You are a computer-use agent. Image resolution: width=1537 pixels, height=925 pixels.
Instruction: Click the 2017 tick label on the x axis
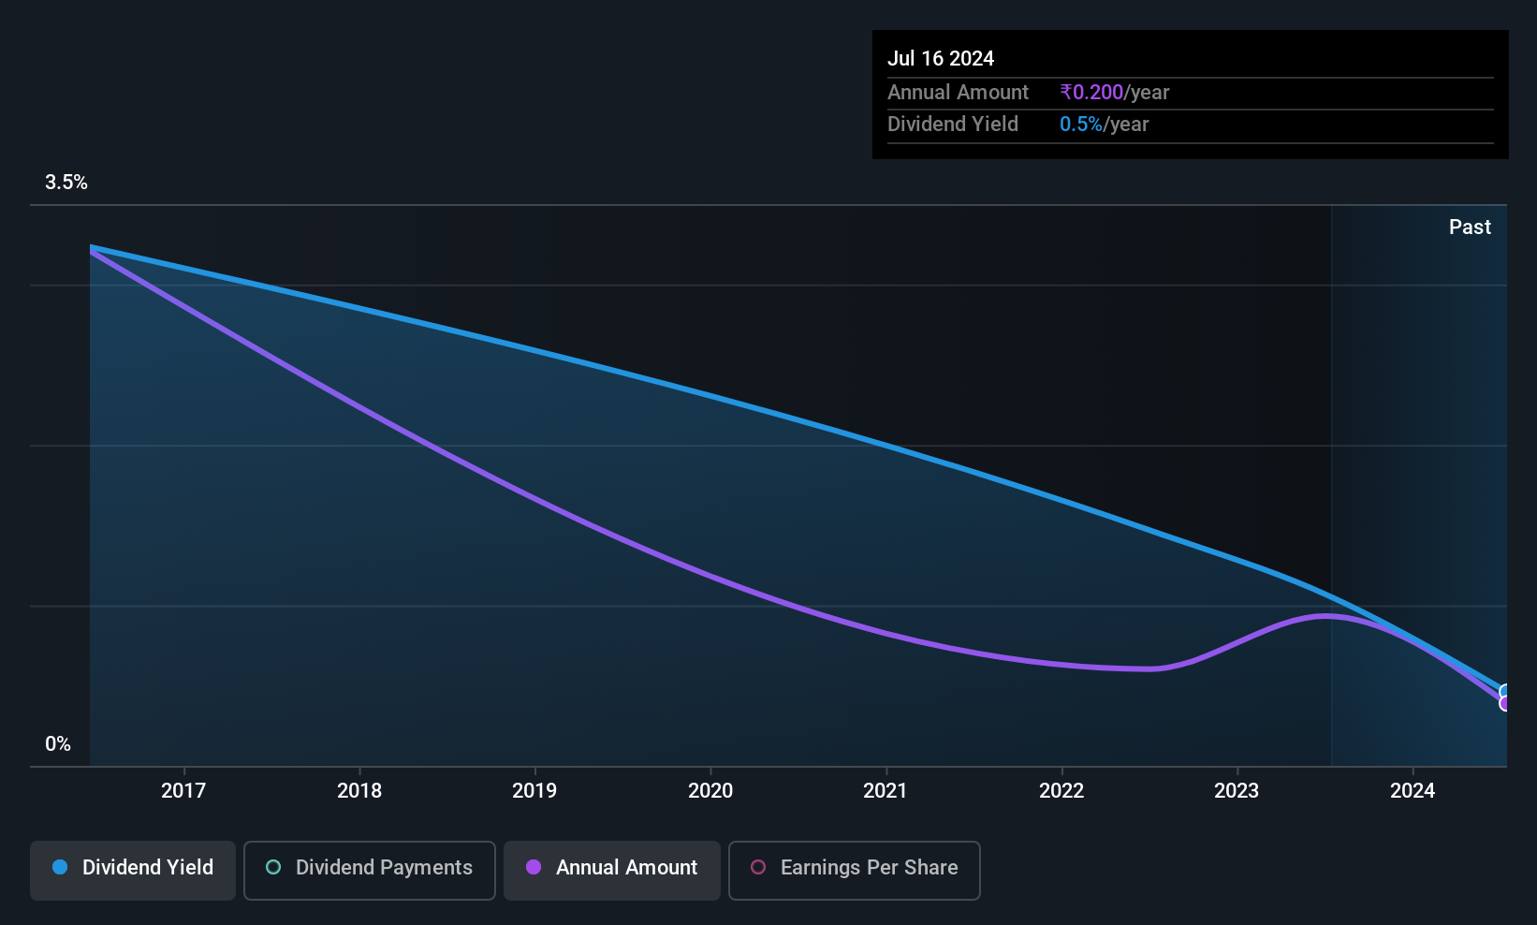(x=183, y=790)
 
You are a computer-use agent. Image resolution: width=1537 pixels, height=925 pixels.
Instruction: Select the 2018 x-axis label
(x=359, y=790)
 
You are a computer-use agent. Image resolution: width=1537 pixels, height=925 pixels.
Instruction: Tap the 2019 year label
(x=534, y=790)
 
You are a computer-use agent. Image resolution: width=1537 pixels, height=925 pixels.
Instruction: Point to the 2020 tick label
(x=710, y=790)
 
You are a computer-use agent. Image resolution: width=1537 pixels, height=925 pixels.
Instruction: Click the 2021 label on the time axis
(x=886, y=790)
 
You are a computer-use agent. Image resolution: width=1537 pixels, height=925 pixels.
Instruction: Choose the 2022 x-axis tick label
(x=1061, y=790)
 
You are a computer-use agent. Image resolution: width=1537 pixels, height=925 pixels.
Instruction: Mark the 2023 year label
(x=1237, y=790)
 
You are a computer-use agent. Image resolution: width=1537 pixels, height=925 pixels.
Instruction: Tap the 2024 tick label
(x=1413, y=790)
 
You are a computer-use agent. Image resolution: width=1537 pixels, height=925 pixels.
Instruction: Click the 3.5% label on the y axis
(x=66, y=183)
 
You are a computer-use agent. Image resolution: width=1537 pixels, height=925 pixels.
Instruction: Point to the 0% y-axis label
(x=58, y=744)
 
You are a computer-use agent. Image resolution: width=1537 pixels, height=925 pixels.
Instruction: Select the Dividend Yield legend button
(x=132, y=870)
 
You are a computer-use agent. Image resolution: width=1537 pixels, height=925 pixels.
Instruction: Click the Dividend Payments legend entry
(x=369, y=870)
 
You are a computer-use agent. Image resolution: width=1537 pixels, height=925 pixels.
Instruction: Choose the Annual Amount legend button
(x=612, y=870)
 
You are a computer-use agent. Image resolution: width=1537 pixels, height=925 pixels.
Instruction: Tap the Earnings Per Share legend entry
(x=855, y=870)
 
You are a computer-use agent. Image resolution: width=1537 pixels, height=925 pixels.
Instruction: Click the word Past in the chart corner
(x=1470, y=228)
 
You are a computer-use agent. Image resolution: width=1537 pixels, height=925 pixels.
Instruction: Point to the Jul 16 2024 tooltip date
(x=941, y=58)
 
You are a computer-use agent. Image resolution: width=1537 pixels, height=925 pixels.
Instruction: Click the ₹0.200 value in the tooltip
(x=1091, y=92)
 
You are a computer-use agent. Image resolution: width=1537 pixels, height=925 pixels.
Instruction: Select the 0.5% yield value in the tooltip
(x=1081, y=125)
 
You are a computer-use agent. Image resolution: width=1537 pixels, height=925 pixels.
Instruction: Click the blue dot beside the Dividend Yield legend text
(x=61, y=867)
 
